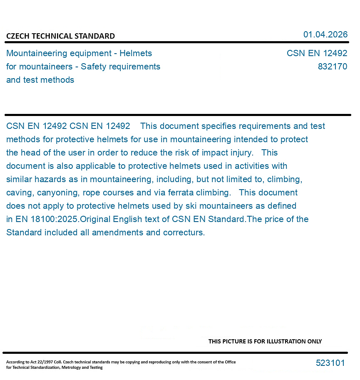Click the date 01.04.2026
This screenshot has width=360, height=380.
tap(325, 35)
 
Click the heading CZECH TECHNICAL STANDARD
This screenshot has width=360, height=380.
tap(60, 36)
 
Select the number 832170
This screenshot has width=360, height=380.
tap(332, 67)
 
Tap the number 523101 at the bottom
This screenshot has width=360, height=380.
tap(330, 363)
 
